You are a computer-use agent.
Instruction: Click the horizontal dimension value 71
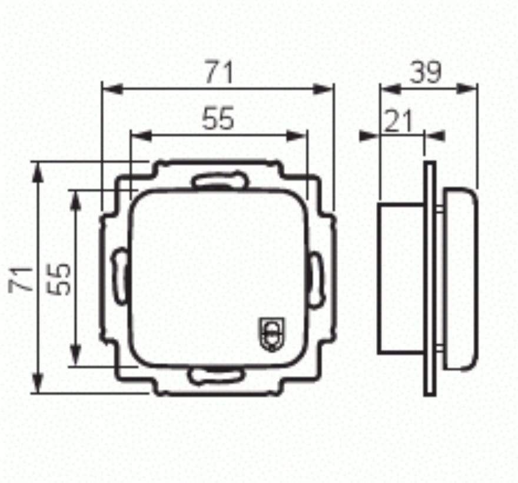point(220,72)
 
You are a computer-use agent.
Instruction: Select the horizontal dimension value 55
point(218,118)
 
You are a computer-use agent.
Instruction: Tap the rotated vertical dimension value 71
point(21,279)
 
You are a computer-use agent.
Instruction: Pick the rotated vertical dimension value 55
point(59,279)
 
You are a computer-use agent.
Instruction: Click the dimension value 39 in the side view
point(426,72)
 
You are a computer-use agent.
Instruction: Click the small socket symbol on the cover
point(272,334)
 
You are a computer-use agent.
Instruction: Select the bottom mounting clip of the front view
point(215,376)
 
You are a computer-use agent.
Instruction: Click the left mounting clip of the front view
point(119,277)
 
